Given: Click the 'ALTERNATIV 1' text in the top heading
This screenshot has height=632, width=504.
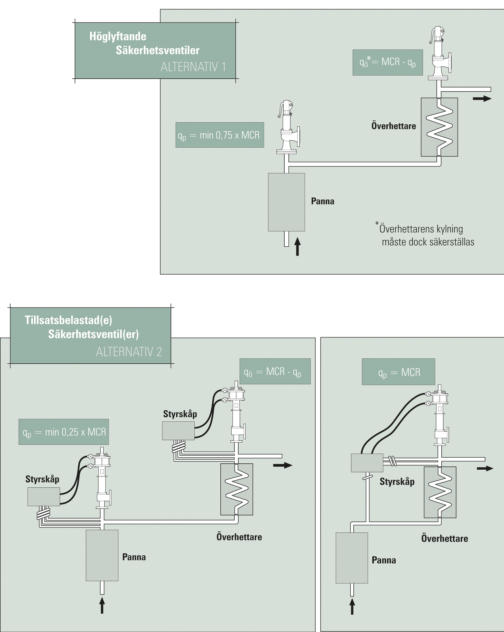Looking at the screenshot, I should (193, 67).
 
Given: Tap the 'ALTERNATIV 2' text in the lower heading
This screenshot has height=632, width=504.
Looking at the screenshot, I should (129, 351).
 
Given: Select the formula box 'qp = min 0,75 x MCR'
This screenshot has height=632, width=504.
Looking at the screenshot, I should (219, 135).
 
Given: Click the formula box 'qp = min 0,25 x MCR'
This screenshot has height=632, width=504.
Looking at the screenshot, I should (64, 432).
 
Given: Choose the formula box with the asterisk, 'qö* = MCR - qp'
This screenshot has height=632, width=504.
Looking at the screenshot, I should (388, 62).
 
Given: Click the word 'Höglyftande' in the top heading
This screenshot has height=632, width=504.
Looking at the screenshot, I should (118, 36).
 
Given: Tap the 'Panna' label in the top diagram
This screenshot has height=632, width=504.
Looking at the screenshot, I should (322, 201).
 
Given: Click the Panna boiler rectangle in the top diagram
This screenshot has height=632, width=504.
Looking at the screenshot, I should (286, 202).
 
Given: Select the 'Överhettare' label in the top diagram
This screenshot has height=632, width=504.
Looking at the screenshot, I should (394, 126).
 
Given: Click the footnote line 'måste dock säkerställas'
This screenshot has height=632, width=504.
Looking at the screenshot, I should (428, 242).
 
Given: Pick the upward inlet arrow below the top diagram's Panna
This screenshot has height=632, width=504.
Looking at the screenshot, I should (298, 246).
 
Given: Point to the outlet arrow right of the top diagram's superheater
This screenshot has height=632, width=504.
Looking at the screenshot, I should (482, 99).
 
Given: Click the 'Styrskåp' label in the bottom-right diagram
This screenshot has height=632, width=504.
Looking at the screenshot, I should (397, 481).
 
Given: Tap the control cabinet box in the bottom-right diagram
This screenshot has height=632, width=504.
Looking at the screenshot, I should (367, 463).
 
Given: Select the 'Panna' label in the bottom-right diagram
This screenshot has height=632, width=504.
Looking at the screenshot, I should (384, 560).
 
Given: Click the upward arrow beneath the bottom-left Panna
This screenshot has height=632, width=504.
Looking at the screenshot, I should (102, 605).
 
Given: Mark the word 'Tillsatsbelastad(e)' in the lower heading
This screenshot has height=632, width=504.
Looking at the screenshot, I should (68, 320).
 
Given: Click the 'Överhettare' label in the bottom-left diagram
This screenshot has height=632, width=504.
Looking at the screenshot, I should (239, 537).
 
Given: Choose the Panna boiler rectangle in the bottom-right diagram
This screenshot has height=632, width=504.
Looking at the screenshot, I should (352, 558).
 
